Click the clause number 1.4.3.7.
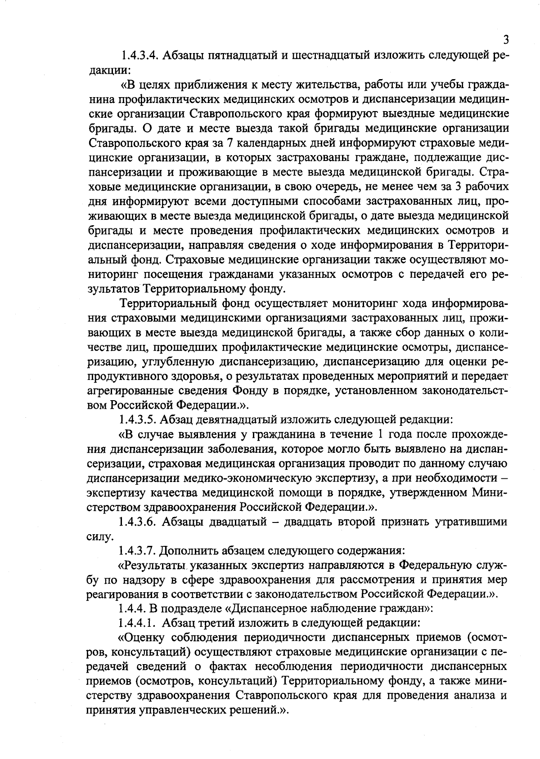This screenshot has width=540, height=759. coord(138,551)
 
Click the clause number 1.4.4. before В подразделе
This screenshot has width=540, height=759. coord(131,609)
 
